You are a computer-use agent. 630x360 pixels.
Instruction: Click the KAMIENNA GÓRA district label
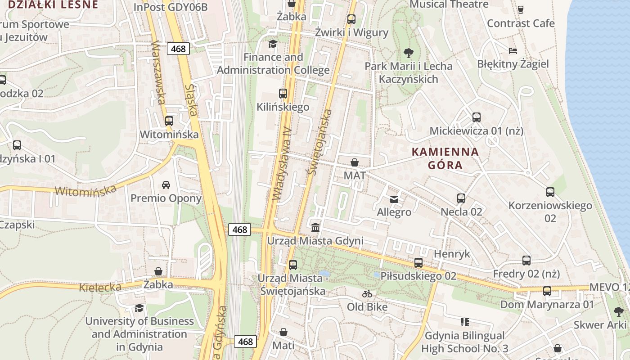445,158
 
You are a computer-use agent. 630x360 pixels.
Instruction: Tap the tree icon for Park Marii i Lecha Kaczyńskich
409,53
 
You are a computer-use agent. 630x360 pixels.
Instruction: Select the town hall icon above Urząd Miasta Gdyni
315,227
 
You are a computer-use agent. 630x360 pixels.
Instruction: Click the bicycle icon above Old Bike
367,294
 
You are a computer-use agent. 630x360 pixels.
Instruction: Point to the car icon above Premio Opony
166,184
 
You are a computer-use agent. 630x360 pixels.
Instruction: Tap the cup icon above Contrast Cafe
521,9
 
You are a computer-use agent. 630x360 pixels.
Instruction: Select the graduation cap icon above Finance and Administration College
273,44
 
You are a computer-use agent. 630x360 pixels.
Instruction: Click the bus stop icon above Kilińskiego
283,94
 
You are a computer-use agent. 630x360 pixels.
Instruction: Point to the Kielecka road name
100,287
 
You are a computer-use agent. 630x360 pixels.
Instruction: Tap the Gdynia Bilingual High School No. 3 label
465,342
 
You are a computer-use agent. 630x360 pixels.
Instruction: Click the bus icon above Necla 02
461,198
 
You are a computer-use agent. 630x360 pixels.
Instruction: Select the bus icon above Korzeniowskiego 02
550,192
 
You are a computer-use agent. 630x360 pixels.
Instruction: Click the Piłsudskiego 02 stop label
418,276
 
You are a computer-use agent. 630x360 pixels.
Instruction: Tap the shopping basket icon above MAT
355,162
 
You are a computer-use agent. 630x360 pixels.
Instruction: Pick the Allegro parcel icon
394,199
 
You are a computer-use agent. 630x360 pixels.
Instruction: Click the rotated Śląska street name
191,100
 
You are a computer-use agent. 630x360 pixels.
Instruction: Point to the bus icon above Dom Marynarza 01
547,291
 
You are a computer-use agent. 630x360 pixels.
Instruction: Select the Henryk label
452,254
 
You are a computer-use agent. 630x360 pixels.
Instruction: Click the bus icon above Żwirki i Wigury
351,19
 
